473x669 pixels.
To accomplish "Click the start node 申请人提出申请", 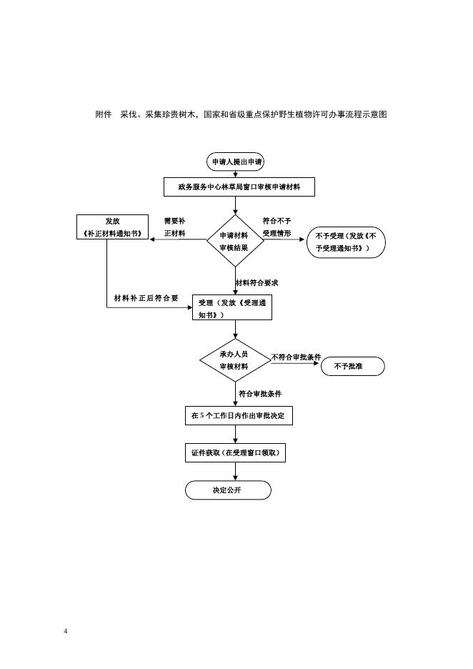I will point(235,162).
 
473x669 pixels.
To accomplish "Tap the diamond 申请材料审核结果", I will point(234,242).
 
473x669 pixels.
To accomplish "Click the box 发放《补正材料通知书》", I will point(112,227).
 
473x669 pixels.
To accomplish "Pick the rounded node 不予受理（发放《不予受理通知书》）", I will point(346,242).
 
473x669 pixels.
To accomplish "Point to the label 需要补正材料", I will point(174,227).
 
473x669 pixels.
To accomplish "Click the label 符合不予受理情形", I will point(277,227).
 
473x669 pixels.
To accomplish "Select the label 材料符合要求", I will point(257,283).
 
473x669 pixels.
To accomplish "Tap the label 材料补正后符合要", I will point(146,298).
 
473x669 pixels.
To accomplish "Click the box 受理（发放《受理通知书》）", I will point(232,308).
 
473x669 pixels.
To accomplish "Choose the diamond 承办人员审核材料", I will point(234,360).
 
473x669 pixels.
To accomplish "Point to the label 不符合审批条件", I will point(296,357).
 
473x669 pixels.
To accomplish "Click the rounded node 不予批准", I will point(353,367).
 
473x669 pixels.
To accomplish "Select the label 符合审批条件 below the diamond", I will point(260,394).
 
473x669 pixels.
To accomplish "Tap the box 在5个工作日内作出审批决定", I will point(239,415).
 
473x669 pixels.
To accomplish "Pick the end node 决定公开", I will point(228,490).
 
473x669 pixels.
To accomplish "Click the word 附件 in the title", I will point(104,114).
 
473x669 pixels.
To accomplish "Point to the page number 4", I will point(65,631).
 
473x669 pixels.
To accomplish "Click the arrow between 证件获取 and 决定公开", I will point(235,472).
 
